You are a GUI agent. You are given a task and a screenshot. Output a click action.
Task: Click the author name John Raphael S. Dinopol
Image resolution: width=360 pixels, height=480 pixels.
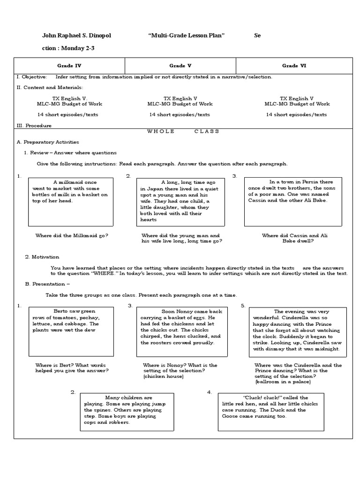coord(77,36)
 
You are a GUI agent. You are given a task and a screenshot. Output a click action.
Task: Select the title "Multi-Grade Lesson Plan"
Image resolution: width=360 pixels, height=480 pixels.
coord(183,36)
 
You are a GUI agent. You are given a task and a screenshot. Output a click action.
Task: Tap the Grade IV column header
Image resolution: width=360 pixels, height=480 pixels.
coord(69,66)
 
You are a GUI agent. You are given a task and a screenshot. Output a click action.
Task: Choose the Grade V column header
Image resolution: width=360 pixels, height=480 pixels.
coord(180,66)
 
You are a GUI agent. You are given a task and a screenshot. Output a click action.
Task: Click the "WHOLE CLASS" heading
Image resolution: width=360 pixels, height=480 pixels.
coord(183,131)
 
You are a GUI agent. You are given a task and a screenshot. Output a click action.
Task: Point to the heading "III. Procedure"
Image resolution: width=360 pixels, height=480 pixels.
coord(34,126)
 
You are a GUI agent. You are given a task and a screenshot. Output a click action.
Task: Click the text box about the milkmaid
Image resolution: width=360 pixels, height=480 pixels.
coord(70,202)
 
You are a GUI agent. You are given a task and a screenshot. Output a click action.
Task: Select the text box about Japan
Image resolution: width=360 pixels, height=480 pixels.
coord(180,202)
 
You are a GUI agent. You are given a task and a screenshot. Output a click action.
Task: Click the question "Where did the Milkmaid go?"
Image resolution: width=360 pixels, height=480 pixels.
coord(72,235)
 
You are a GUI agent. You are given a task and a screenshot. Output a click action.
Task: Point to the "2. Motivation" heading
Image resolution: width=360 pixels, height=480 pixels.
coord(42,257)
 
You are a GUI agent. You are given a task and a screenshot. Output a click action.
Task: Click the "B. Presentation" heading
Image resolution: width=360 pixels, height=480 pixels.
coord(47,284)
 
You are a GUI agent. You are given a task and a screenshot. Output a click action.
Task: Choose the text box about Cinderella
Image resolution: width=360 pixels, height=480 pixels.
coord(297,331)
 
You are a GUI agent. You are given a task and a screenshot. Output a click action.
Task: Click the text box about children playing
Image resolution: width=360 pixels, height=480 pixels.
coord(127,412)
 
